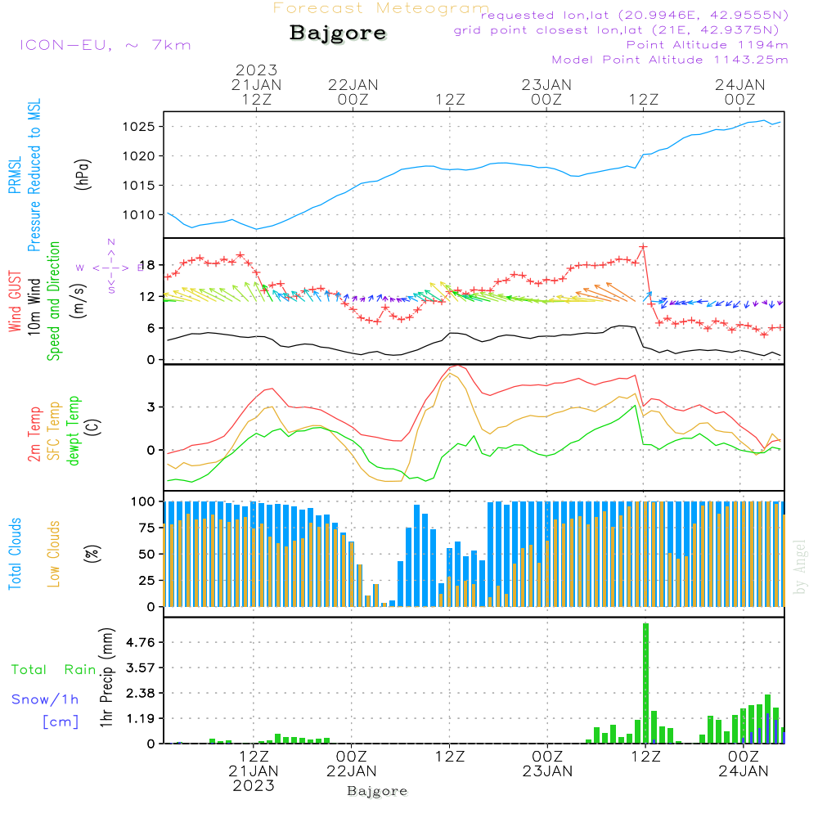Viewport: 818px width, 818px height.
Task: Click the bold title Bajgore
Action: pos(337,34)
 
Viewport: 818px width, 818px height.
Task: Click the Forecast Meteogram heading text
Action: pos(381,9)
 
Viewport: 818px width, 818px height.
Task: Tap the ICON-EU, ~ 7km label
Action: pos(105,45)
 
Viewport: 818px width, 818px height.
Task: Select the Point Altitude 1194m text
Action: pos(707,45)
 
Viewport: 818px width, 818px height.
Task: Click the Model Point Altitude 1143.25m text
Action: pos(670,60)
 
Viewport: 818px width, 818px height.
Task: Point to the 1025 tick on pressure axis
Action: pos(139,127)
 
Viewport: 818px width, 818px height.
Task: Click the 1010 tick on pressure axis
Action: pos(139,215)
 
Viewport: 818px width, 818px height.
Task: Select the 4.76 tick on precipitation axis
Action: pos(139,643)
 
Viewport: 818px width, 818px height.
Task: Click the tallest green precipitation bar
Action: pos(645,682)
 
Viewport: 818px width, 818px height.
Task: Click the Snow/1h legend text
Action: pos(46,699)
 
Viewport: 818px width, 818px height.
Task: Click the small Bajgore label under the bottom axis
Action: pos(377,791)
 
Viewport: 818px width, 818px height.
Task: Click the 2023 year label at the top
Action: pos(257,70)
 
